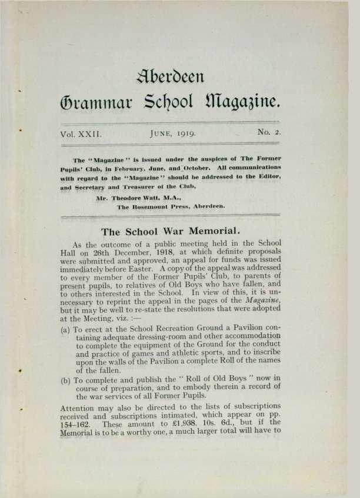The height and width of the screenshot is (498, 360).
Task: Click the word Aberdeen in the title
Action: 179,76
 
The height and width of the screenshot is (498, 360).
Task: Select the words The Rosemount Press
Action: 149,207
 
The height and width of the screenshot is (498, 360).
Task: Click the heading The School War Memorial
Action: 179,231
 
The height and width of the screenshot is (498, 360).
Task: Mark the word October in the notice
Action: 194,168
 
